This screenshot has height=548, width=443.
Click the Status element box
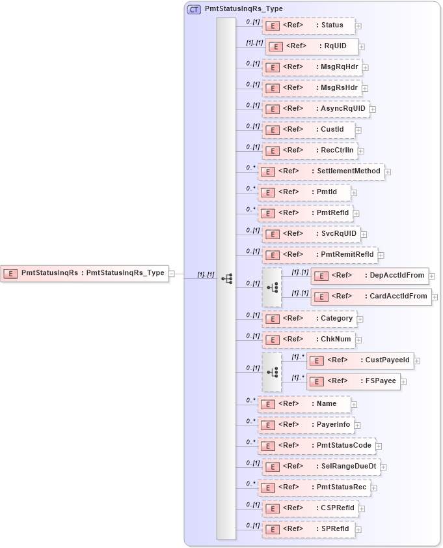click(x=309, y=25)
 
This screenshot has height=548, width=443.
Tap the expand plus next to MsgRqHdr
click(x=366, y=67)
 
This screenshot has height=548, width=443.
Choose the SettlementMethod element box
click(x=321, y=171)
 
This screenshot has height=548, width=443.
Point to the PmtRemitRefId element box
click(x=319, y=255)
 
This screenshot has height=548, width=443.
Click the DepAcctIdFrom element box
click(x=369, y=276)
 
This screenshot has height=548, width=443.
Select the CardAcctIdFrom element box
click(x=371, y=296)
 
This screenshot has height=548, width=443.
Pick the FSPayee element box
click(x=353, y=381)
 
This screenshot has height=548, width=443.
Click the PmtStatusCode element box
click(x=317, y=446)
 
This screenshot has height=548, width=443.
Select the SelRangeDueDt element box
click(x=321, y=467)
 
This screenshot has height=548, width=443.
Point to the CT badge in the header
click(x=194, y=9)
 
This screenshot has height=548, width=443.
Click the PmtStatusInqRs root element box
click(x=85, y=273)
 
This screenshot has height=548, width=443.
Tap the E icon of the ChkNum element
click(x=274, y=339)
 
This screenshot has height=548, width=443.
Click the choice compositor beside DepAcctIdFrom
click(x=272, y=287)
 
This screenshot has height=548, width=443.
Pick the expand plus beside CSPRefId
click(x=362, y=508)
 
